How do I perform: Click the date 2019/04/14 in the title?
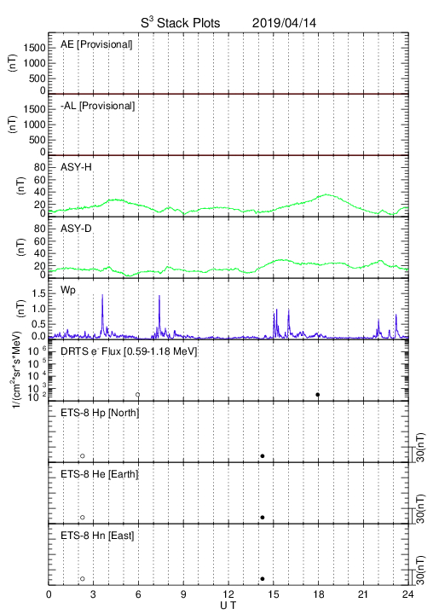(284, 23)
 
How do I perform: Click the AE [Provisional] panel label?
(96, 44)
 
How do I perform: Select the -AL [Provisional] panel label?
(97, 106)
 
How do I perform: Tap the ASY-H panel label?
(76, 167)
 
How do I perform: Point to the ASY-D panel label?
(76, 229)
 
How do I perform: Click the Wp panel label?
(68, 291)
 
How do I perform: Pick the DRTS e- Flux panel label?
(129, 351)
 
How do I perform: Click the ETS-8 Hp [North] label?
(100, 413)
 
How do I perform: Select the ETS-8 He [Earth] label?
(100, 474)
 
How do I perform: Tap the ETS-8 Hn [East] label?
(97, 536)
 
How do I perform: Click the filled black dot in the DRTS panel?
(318, 395)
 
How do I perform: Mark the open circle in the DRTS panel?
(138, 395)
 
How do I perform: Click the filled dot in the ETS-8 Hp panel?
(263, 455)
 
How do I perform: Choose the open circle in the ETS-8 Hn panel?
(83, 579)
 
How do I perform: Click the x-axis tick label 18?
(319, 594)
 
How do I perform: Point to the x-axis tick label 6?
(138, 594)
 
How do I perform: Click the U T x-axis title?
(228, 605)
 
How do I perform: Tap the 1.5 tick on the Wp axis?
(38, 293)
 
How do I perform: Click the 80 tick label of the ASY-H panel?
(40, 168)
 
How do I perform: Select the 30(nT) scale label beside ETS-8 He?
(420, 509)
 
